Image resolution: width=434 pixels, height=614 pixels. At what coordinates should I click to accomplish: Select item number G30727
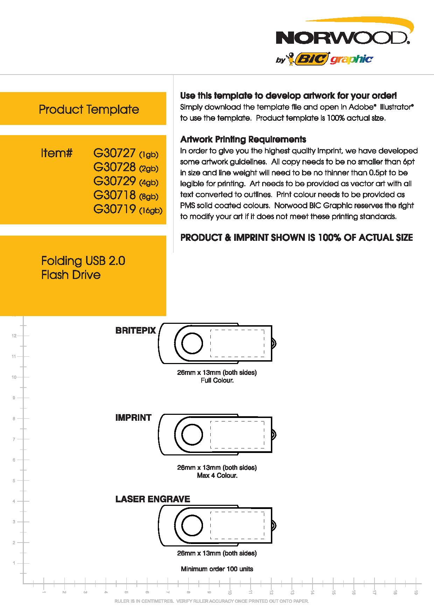coord(114,153)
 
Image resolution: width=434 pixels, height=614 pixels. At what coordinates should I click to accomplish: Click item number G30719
coord(114,209)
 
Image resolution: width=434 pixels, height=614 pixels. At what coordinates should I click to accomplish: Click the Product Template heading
coord(89,109)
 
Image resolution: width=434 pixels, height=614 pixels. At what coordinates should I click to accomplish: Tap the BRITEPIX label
coord(135,330)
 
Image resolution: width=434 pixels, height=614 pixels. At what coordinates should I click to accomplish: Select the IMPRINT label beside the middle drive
coord(133,417)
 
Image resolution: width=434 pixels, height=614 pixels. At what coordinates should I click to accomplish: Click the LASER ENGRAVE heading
coord(153,499)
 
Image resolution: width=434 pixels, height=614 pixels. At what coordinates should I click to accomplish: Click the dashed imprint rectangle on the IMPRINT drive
coord(237,434)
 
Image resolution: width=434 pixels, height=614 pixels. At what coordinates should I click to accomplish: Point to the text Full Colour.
coord(217,380)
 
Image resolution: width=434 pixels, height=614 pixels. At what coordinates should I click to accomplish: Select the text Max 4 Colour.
coord(217,475)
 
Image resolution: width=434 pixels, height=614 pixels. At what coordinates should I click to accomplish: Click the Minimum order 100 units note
coord(217,569)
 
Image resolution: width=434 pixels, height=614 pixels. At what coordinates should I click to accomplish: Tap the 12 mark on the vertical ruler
coord(14,336)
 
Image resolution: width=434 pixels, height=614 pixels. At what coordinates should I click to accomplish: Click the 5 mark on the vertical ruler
coord(14,481)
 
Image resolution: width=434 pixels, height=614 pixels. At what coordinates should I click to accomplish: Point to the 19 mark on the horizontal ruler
coord(416,592)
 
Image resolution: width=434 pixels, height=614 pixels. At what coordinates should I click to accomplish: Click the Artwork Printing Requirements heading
coord(243,139)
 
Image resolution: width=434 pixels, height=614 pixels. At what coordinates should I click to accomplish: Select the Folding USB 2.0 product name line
coord(83,261)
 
